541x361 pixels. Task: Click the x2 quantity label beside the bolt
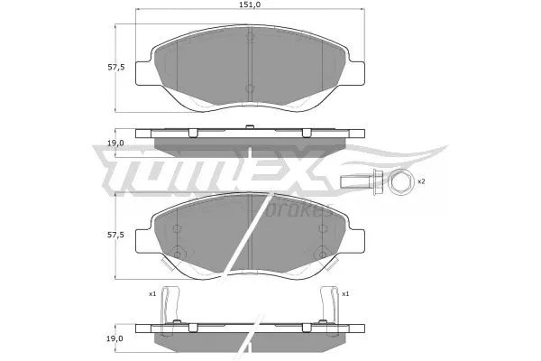pyautogui.click(x=420, y=182)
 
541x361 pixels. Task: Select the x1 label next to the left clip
pyautogui.click(x=152, y=294)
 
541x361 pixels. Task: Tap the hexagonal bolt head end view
pyautogui.click(x=400, y=183)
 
